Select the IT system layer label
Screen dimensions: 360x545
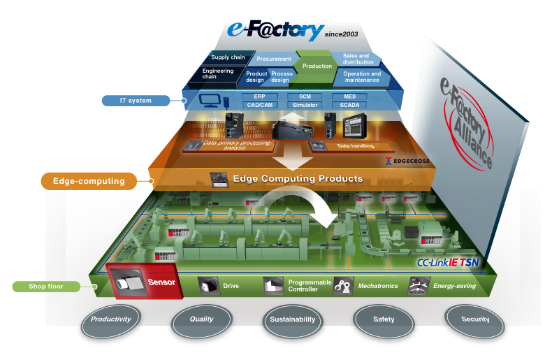pos(136,100)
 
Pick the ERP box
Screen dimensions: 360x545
pos(259,96)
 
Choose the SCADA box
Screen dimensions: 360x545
pos(349,105)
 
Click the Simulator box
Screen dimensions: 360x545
pos(305,105)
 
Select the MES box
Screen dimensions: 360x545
pos(349,96)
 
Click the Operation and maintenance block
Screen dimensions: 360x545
pos(361,76)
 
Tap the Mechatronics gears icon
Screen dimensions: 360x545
pos(342,286)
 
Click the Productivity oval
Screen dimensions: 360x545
pos(110,319)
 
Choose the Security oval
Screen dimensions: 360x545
pos(475,319)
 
